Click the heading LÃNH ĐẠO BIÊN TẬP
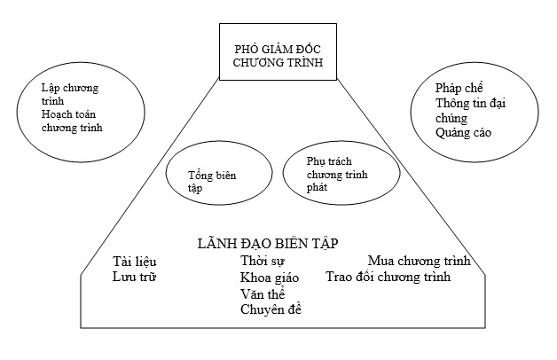point(268,244)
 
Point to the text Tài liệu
point(134,262)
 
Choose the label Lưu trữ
point(134,277)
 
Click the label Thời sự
point(263,261)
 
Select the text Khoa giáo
point(270,278)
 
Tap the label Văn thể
point(263,294)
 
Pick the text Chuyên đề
point(271,309)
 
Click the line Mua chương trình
point(420,261)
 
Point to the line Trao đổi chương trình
point(388,277)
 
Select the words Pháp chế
point(459,88)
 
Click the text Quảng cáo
point(463,133)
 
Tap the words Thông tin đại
point(470,103)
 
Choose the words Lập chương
point(69,88)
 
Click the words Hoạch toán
point(68,114)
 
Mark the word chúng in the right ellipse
point(451,118)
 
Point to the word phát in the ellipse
point(317,187)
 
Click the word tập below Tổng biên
point(195,188)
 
